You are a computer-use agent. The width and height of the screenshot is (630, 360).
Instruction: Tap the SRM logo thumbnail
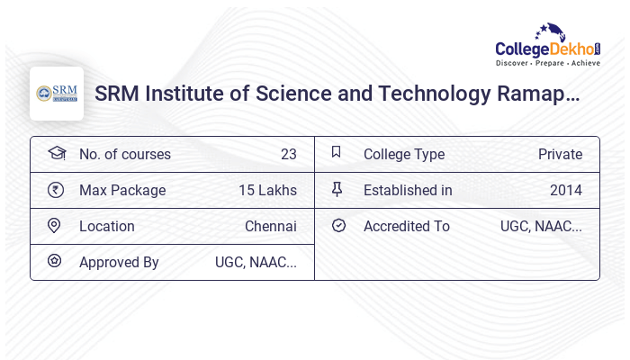[x=57, y=94]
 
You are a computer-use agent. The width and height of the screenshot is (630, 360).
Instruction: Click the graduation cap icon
[x=56, y=153]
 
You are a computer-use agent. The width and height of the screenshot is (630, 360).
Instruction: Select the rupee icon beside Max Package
[x=56, y=190]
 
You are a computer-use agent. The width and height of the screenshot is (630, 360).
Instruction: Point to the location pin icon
[x=56, y=226]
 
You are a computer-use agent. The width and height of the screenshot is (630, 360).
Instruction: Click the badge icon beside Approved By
[x=56, y=262]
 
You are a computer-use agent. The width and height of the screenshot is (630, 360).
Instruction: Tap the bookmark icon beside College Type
[x=337, y=153]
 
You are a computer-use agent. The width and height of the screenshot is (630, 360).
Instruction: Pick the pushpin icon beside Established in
[x=337, y=190]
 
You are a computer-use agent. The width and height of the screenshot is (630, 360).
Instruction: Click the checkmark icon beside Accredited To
[x=337, y=226]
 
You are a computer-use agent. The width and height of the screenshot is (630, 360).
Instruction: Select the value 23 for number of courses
[x=288, y=154]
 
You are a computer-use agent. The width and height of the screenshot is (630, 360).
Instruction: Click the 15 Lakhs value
[x=267, y=190]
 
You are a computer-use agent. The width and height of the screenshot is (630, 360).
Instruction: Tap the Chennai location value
[x=270, y=226]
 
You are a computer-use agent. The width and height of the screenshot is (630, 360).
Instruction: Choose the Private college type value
[x=560, y=154]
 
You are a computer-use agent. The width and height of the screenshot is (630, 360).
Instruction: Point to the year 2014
[x=565, y=190]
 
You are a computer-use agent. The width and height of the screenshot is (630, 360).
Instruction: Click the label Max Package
[x=122, y=190]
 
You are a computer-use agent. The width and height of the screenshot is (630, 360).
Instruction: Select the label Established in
[x=408, y=190]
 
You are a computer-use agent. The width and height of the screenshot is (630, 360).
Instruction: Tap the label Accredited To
[x=407, y=226]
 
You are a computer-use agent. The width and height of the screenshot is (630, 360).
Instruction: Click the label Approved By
[x=119, y=262]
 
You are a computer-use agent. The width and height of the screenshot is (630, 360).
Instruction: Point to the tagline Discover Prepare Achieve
[x=548, y=64]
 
